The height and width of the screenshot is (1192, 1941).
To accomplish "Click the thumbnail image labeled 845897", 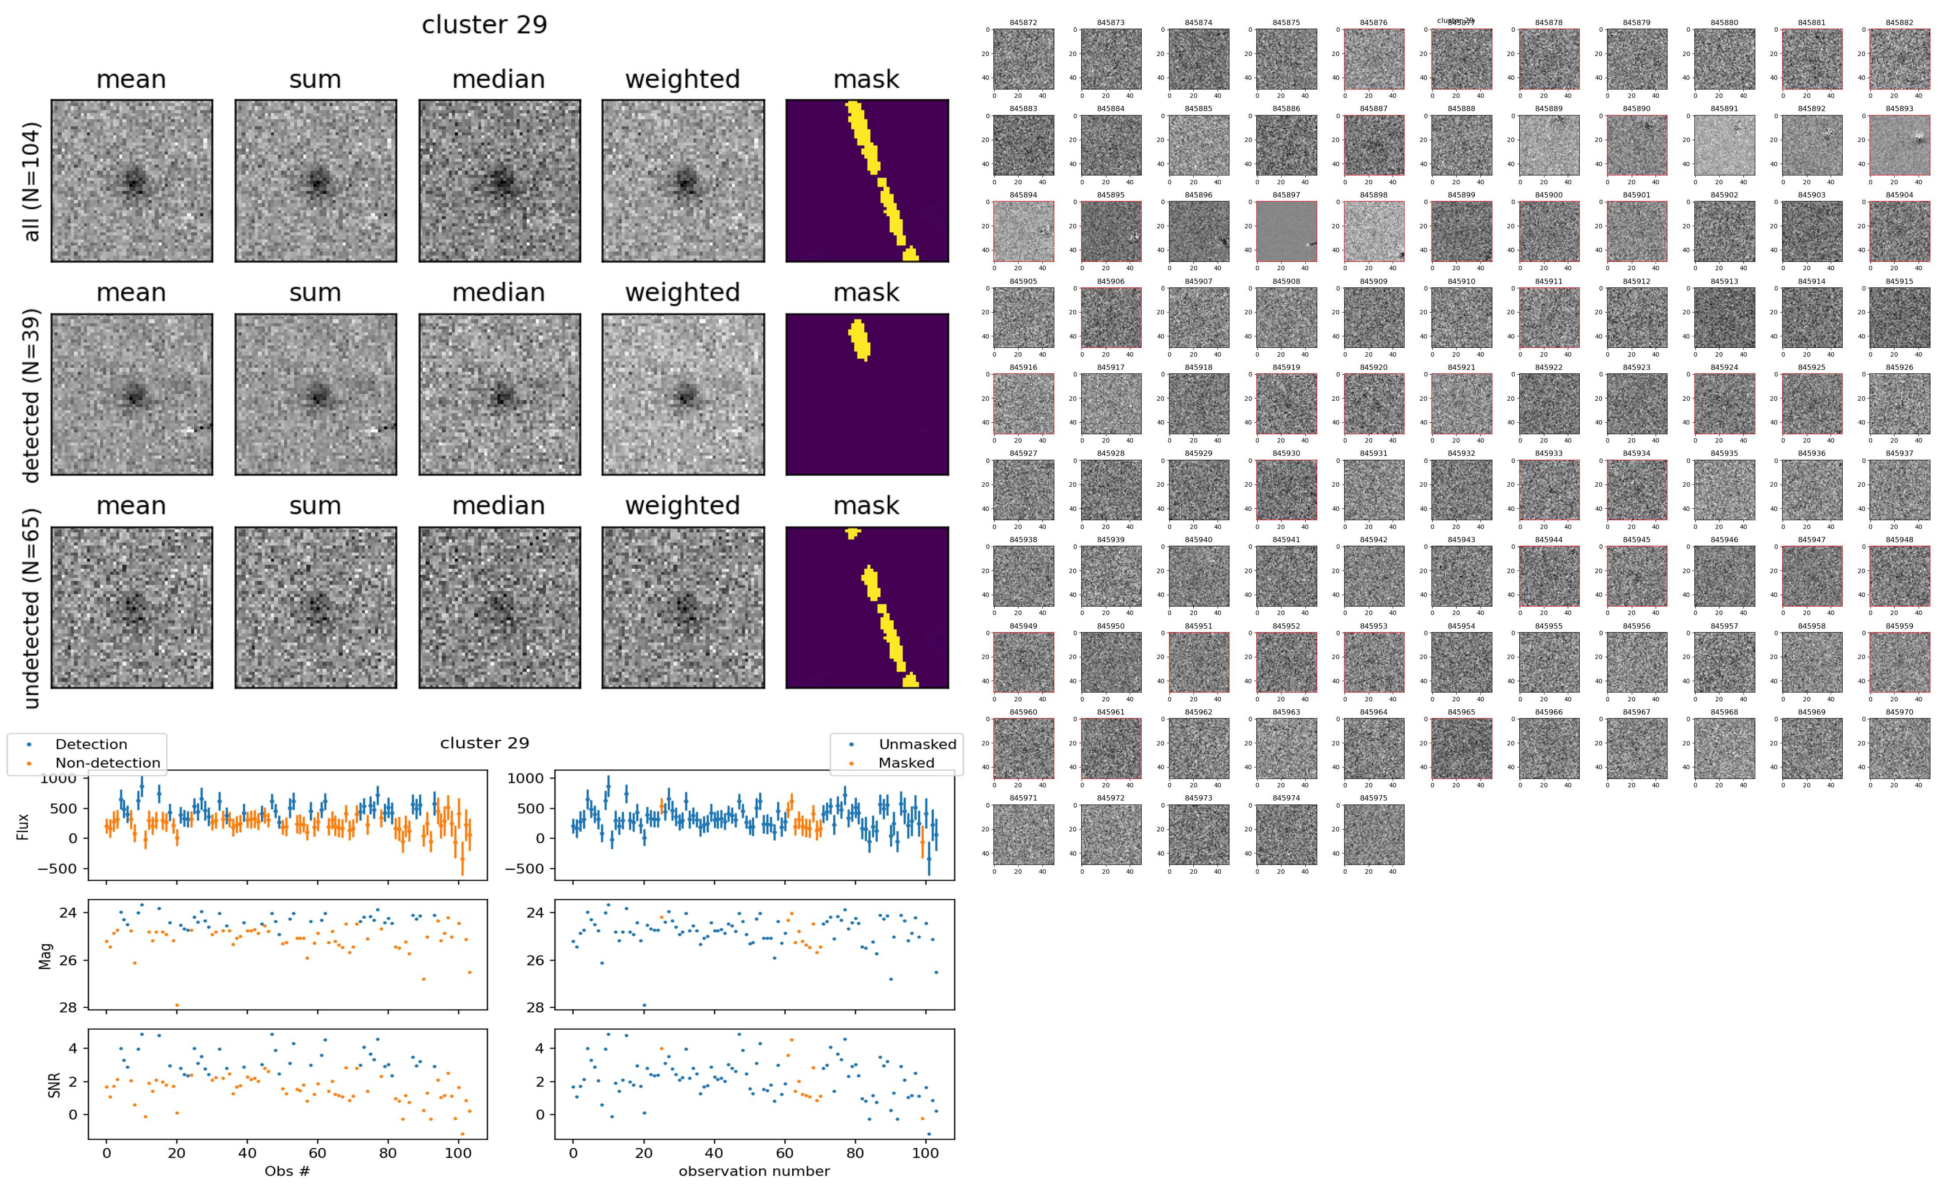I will pyautogui.click(x=1286, y=231).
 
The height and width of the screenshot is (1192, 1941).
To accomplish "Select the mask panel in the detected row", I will pyautogui.click(x=867, y=394).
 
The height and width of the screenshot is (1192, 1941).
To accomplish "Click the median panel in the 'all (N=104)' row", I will pyautogui.click(x=499, y=181).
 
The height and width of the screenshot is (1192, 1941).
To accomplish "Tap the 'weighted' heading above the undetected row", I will pyautogui.click(x=682, y=505).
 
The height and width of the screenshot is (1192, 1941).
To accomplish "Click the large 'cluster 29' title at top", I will pyautogui.click(x=484, y=24).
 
